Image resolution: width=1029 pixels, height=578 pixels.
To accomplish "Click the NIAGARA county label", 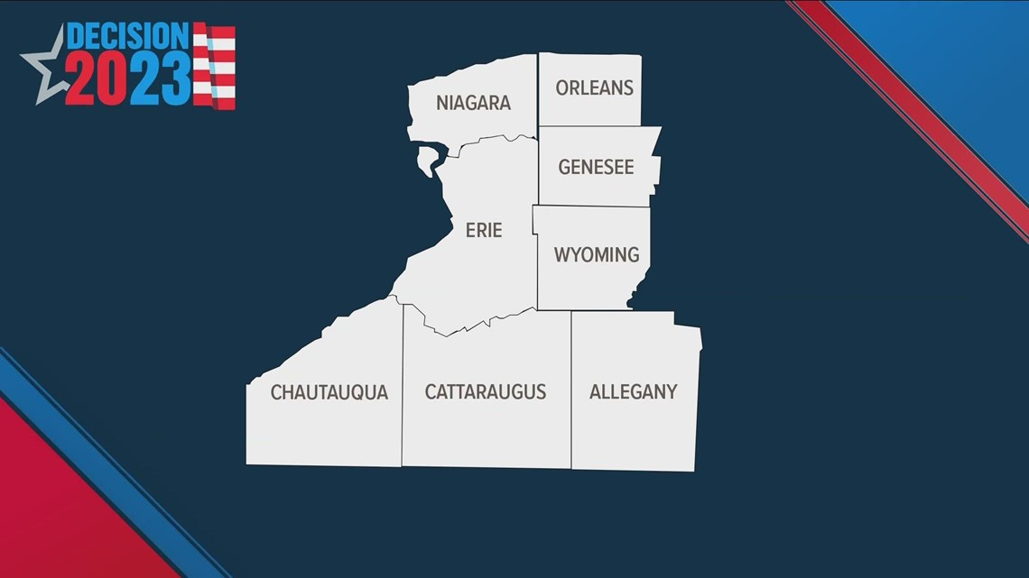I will pyautogui.click(x=473, y=103).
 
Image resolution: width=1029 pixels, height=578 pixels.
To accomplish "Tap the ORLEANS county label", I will pyautogui.click(x=594, y=87).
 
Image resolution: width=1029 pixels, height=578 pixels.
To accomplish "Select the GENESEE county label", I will pyautogui.click(x=596, y=167).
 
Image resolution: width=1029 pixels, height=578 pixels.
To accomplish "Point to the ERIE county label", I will pyautogui.click(x=484, y=230).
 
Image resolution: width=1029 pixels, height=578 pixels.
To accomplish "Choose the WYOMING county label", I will pyautogui.click(x=596, y=254).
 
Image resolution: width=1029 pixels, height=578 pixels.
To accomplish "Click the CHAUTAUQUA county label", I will pyautogui.click(x=329, y=392).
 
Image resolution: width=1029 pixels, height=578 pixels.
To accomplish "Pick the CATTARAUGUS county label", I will pyautogui.click(x=486, y=391).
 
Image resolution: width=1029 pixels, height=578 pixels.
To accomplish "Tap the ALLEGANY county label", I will pyautogui.click(x=633, y=391).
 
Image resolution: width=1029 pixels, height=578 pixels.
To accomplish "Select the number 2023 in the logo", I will pyautogui.click(x=126, y=79).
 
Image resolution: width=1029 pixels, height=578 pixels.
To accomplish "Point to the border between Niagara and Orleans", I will pyautogui.click(x=539, y=90).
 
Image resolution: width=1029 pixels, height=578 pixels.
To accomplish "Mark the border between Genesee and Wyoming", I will pyautogui.click(x=591, y=206).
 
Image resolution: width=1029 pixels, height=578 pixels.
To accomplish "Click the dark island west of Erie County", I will pyautogui.click(x=426, y=162).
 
